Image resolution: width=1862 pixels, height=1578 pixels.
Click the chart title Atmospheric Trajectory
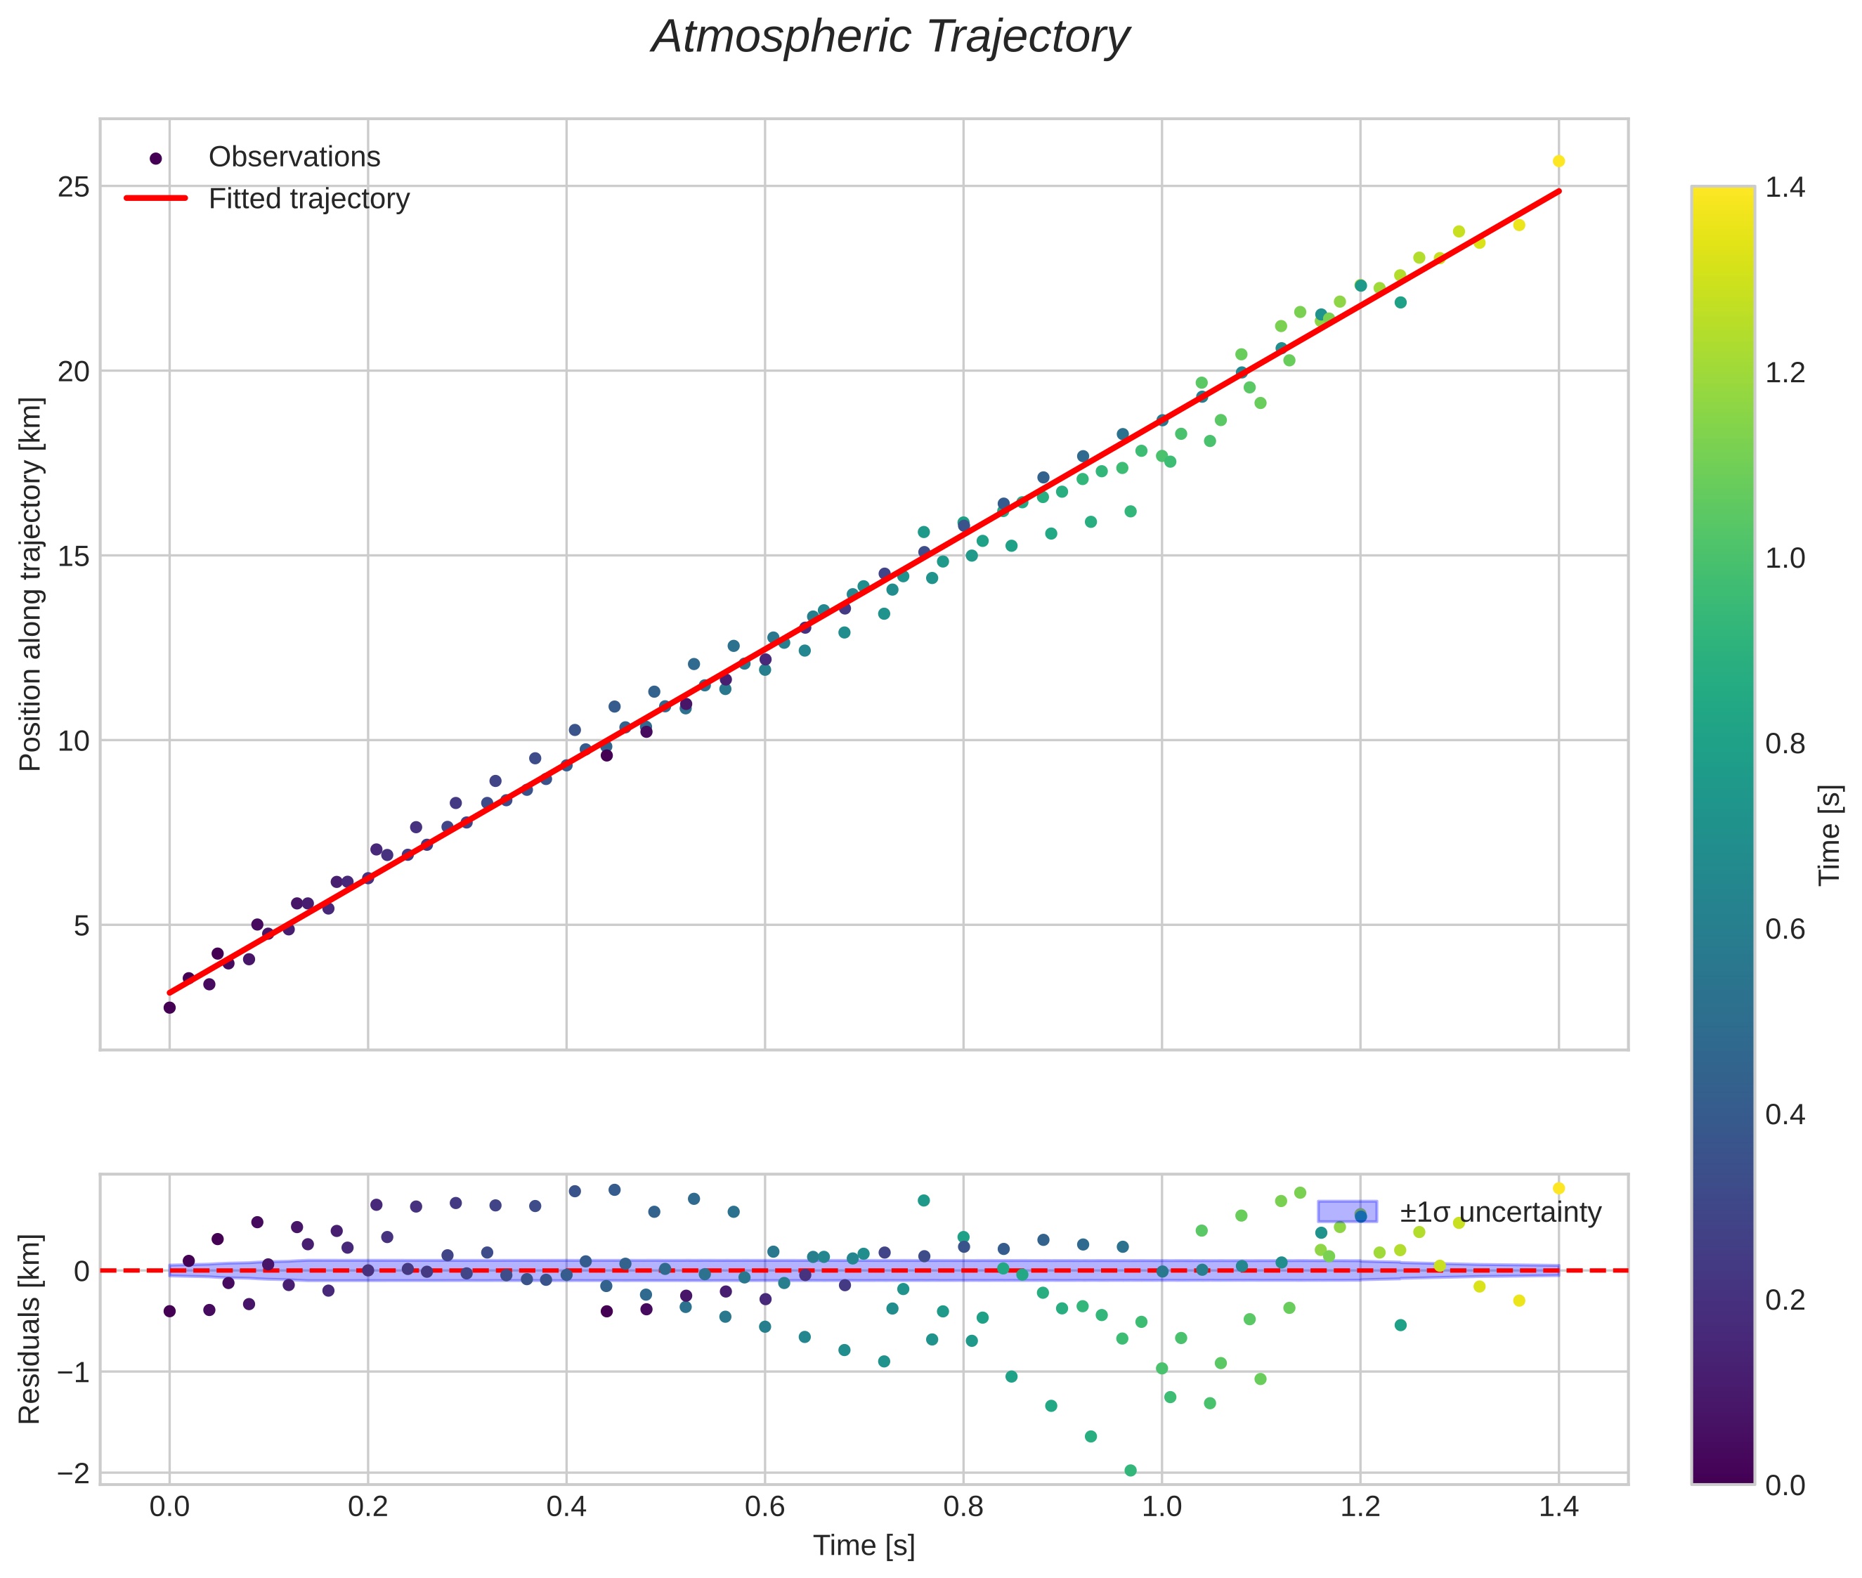890,37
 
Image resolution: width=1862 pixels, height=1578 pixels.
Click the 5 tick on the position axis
82,925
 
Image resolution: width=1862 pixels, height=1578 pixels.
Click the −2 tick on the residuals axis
74,1473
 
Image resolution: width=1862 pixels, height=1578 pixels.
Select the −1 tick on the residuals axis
74,1372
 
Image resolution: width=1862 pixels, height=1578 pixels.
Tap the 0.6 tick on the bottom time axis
764,1507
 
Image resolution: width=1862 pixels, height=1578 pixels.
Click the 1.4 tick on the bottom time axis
1558,1507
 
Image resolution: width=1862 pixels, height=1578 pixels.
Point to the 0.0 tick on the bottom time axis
169,1507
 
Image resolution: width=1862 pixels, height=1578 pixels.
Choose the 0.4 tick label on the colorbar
1785,1114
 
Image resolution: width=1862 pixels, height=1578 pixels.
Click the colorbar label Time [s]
1830,835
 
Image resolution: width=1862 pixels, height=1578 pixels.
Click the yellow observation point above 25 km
1558,161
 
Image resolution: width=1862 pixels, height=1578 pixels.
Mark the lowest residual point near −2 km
1130,1471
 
